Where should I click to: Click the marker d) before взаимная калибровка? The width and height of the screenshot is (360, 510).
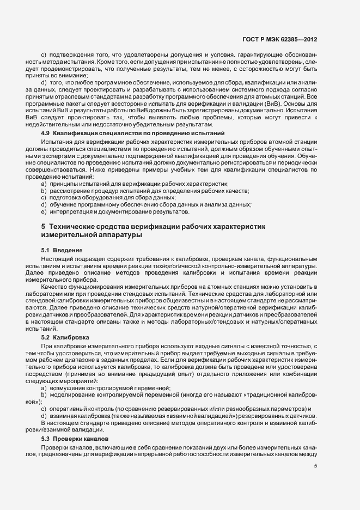coord(44,416)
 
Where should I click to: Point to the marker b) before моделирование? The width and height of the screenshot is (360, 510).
coord(44,393)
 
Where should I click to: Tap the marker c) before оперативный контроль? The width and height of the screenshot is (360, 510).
coord(44,409)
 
